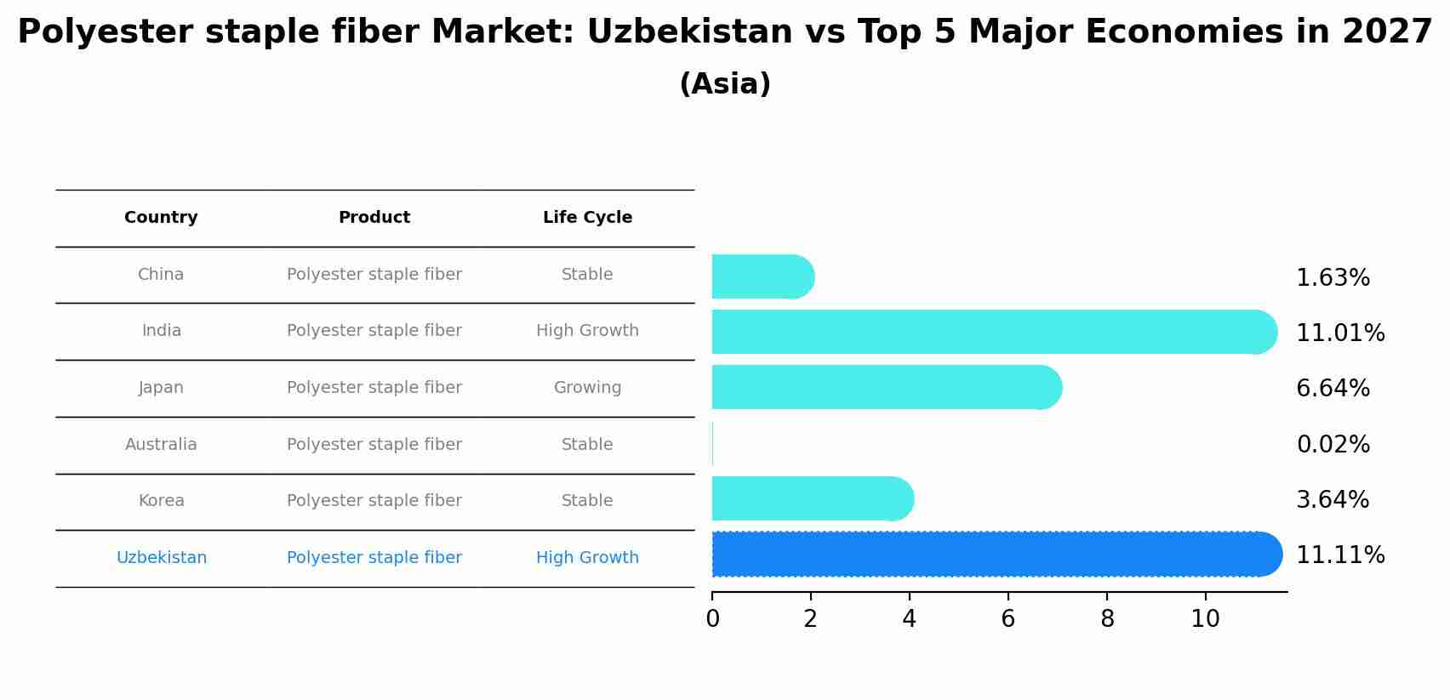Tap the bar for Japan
(x=885, y=388)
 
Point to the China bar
(x=762, y=276)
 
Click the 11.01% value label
(x=1339, y=333)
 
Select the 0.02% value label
(x=1333, y=445)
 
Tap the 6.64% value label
(x=1333, y=389)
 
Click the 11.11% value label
(x=1339, y=555)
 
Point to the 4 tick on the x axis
(x=909, y=619)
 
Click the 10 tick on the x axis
(x=1205, y=619)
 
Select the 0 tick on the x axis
(x=712, y=619)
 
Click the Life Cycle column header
(x=587, y=218)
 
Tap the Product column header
(x=374, y=218)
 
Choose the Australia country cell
(x=161, y=445)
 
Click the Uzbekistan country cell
(x=161, y=558)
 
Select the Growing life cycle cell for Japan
(x=587, y=388)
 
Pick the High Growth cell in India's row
(x=587, y=331)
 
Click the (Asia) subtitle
(x=725, y=84)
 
